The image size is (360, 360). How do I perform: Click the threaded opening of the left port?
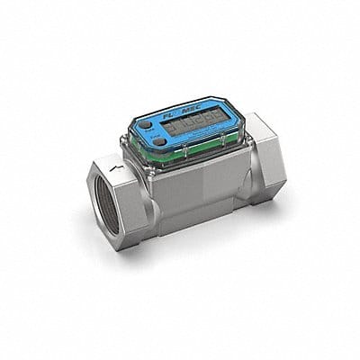(112, 214)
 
